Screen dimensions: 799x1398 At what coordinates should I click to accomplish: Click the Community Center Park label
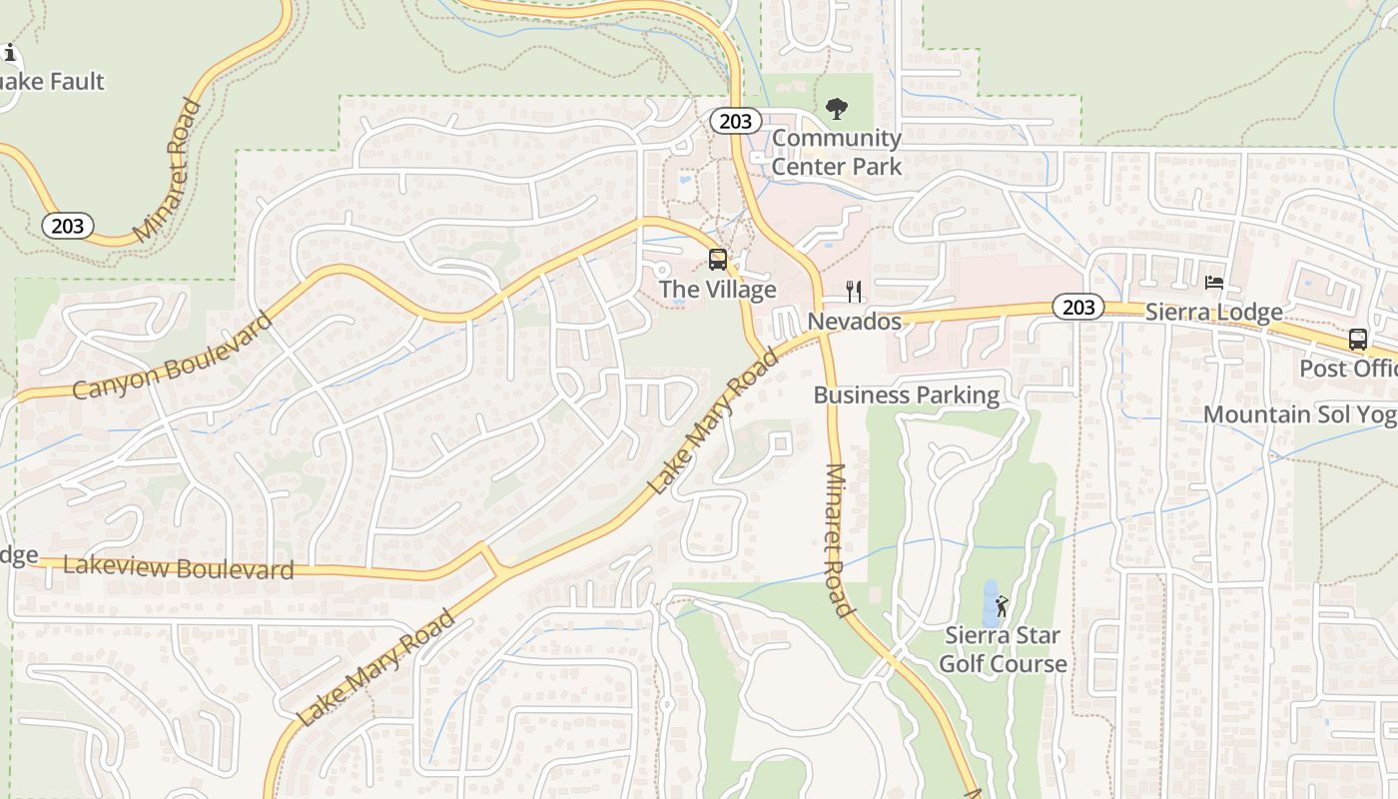tap(837, 152)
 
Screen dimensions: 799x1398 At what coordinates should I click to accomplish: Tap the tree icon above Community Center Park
tap(837, 108)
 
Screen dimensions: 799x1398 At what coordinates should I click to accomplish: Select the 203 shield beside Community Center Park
tap(735, 121)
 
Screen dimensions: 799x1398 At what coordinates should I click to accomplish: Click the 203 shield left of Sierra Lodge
tap(1078, 308)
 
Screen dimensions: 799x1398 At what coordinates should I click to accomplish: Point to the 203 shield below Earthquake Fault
tap(68, 226)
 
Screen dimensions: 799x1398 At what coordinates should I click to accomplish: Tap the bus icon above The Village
tap(717, 260)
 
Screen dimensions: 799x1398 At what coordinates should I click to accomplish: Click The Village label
tap(717, 290)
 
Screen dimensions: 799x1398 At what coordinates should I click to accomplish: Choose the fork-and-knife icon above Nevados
tap(854, 291)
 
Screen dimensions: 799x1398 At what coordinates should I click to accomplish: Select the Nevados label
tap(854, 322)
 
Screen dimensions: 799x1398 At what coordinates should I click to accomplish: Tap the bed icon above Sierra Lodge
tap(1214, 283)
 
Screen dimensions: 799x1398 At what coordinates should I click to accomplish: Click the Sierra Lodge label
tap(1213, 313)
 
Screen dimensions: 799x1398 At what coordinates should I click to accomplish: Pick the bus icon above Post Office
tap(1357, 339)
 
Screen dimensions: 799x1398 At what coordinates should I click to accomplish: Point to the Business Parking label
tap(906, 395)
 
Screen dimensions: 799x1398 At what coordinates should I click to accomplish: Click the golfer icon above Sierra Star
tap(1002, 605)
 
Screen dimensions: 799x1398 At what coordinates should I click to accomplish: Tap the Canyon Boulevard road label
tap(172, 358)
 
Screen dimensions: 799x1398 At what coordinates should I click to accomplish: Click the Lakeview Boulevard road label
tap(178, 567)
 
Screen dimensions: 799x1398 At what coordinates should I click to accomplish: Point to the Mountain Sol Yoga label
tap(1299, 414)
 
